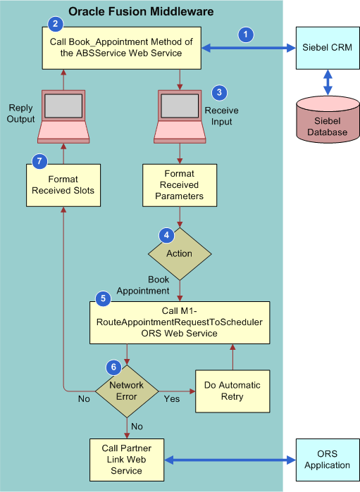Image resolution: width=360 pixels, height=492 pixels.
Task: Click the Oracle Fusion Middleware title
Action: point(141,11)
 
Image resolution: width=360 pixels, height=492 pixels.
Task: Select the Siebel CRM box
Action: point(326,48)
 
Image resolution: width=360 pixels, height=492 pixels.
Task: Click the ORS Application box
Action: point(327,460)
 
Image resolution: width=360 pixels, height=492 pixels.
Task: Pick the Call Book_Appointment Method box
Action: point(120,48)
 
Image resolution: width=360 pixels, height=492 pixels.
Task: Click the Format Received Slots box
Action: point(63,185)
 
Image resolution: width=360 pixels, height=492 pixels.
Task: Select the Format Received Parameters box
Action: point(179,185)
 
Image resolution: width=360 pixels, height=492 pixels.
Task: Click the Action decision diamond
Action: point(179,253)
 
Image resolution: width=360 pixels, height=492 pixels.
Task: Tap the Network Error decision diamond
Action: point(127,391)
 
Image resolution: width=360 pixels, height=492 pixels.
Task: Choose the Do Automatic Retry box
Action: point(232,391)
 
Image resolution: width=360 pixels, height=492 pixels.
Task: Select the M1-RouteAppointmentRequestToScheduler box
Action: point(179,322)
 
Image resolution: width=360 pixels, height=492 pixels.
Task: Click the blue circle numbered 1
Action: point(245,34)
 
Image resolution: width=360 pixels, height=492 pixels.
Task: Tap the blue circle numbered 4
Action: point(166,234)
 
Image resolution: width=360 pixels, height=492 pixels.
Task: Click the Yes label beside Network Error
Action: point(171,399)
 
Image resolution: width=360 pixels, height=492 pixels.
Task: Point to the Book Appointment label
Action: point(148,285)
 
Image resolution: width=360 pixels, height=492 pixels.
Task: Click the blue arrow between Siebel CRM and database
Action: point(327,80)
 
